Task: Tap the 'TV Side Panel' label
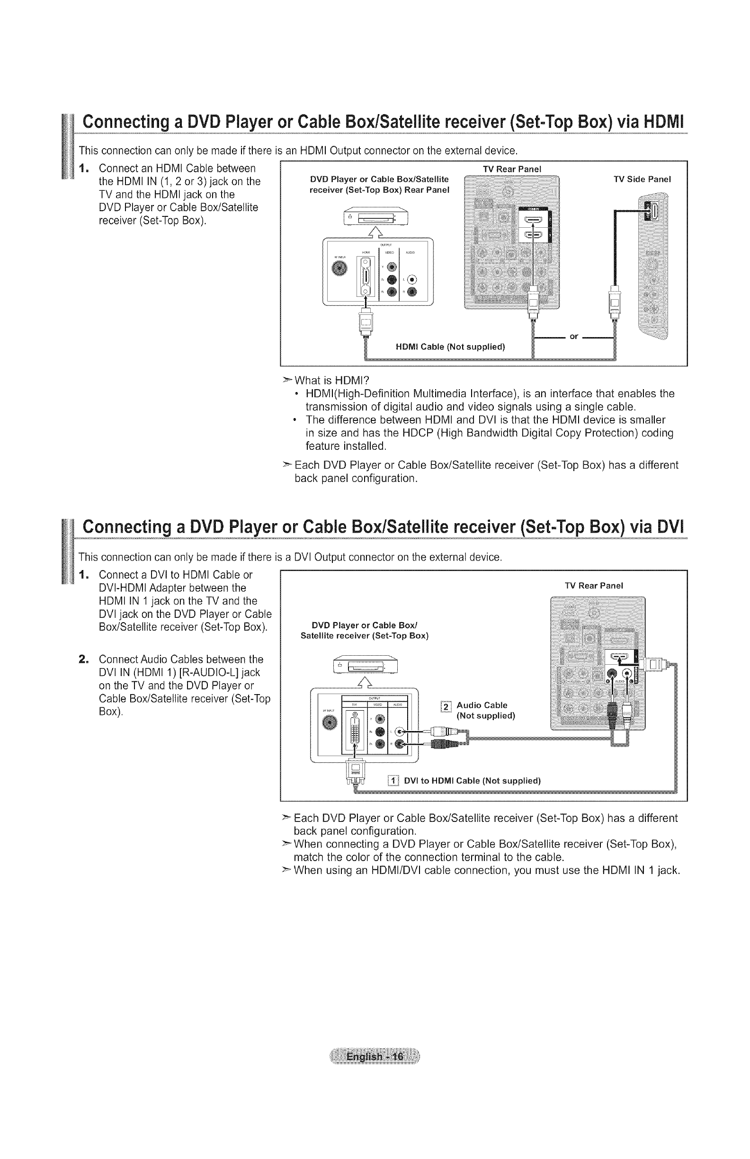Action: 642,179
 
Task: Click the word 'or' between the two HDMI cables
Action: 574,337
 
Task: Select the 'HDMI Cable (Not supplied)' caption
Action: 450,347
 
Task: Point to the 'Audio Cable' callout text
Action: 482,705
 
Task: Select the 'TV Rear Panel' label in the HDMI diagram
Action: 512,169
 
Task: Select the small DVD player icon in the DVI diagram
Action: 365,666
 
